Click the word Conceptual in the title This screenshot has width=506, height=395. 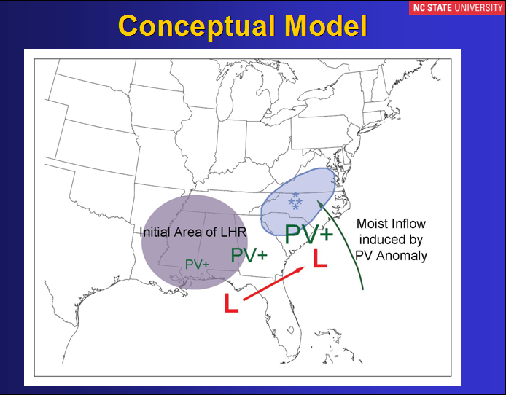click(197, 26)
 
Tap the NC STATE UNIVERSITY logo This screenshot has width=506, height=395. click(457, 7)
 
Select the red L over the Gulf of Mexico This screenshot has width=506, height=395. click(231, 302)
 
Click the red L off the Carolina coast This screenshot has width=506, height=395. click(320, 258)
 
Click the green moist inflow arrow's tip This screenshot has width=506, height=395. click(318, 201)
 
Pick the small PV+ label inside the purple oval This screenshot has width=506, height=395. click(197, 265)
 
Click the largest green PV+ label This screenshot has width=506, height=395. click(309, 234)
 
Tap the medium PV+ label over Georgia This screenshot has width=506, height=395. click(249, 255)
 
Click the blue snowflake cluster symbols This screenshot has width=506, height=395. click(295, 201)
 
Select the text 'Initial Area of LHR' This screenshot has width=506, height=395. click(193, 232)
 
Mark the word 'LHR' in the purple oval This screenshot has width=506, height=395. click(233, 232)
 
